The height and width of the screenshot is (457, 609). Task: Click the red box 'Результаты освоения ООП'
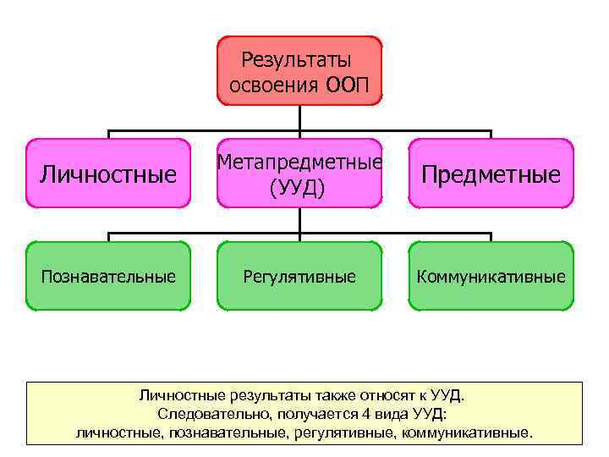[x=299, y=71]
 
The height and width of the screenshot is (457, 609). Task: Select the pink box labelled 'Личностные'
[x=107, y=173]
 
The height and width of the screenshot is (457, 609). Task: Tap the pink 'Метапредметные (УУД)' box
[x=299, y=173]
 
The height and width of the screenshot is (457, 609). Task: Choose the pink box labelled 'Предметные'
[x=491, y=173]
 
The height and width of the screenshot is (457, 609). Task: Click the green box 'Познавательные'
[x=107, y=276]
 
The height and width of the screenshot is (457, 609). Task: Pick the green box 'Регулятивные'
[x=299, y=276]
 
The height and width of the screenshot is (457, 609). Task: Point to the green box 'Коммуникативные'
[x=491, y=276]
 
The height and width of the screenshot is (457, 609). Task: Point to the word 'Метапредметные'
[x=299, y=161]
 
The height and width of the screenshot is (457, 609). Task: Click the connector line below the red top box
[x=299, y=118]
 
